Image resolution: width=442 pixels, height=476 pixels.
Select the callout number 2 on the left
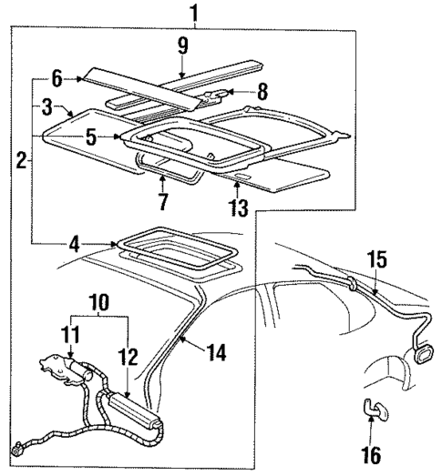[x=18, y=161]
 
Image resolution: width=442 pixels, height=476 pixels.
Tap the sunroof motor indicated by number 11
[x=57, y=374]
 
